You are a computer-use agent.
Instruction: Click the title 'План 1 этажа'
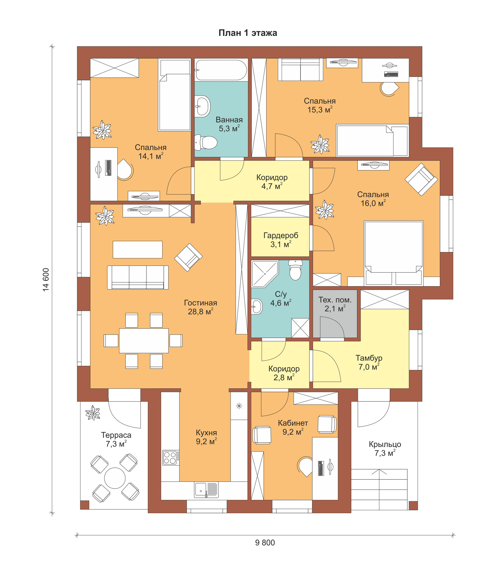pos(248,33)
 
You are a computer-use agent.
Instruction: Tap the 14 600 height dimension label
pos(46,280)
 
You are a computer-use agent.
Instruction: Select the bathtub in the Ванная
pos(221,70)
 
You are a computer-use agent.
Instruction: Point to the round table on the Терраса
pos(115,478)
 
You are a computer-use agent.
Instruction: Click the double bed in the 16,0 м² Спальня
pos(393,253)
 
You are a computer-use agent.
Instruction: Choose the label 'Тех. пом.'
pos(335,300)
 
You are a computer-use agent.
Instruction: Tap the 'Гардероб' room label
pos(281,235)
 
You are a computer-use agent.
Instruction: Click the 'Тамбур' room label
pos(369,358)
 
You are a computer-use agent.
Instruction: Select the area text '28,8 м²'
pos(200,312)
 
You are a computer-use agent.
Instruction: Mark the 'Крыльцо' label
pos(385,444)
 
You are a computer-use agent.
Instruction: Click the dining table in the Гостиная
pos(144,341)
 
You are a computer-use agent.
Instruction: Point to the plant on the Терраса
pos(93,413)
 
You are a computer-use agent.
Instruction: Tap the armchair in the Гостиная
pos(188,257)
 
